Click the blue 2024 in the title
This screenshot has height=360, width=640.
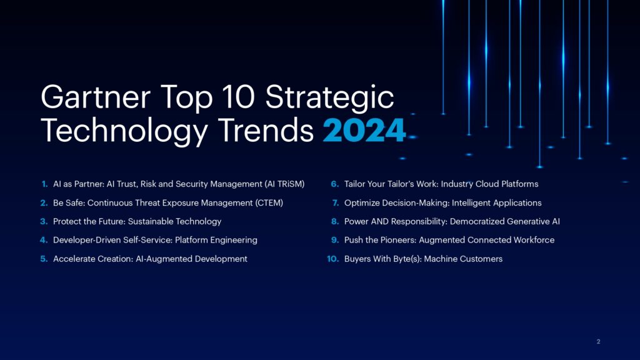coord(364,131)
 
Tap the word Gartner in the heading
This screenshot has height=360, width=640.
coord(96,97)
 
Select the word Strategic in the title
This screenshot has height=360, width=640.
coord(329,97)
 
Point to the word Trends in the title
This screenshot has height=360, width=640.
coord(266,131)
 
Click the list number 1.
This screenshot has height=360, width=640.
coord(45,184)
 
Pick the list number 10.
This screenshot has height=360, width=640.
coord(333,259)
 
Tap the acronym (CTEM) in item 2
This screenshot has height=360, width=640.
coord(269,203)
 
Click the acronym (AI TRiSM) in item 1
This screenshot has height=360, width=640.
coord(285,184)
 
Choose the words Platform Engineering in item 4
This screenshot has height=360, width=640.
coord(216,241)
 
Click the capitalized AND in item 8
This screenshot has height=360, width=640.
coord(379,222)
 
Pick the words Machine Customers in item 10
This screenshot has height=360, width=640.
coord(463,259)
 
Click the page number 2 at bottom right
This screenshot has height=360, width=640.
coord(598,342)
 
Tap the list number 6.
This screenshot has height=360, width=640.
coord(335,184)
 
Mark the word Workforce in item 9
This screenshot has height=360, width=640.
coord(534,240)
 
